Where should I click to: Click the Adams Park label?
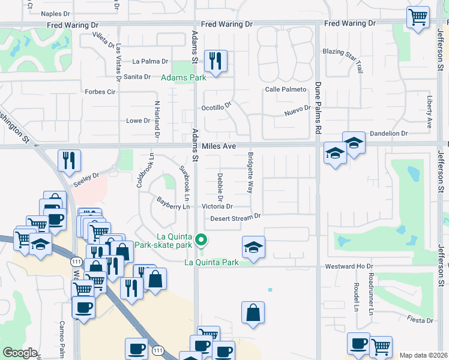[183, 77]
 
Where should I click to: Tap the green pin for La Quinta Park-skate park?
[202, 241]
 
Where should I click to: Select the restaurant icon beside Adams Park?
[215, 61]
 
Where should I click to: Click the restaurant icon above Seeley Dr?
[69, 161]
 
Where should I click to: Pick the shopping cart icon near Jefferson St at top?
[418, 17]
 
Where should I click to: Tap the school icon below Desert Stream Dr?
[253, 247]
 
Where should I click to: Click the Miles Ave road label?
[218, 146]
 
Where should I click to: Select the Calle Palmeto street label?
[286, 89]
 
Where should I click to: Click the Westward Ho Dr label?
[348, 266]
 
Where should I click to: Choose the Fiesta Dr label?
[419, 319]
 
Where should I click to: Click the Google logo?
[20, 353]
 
